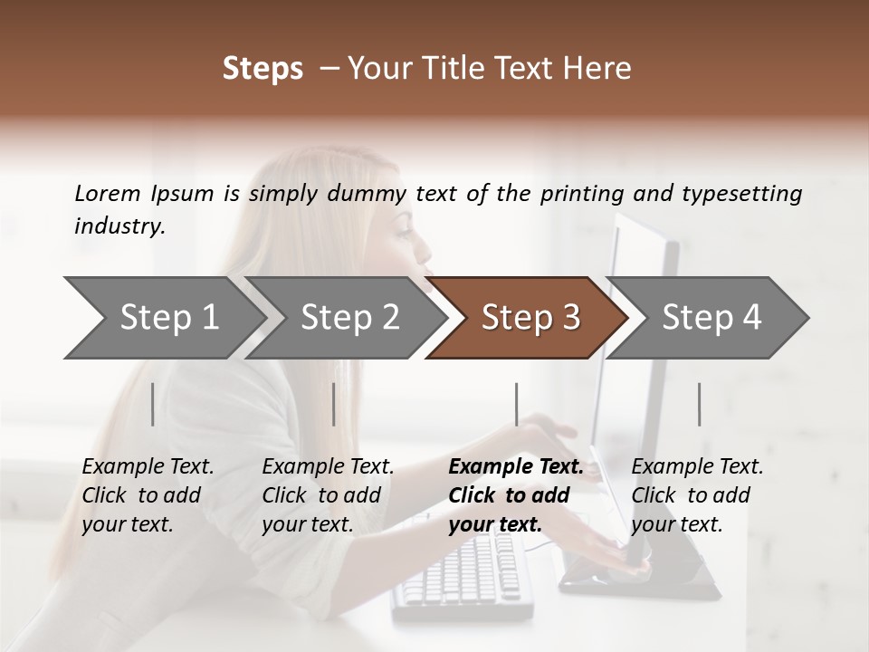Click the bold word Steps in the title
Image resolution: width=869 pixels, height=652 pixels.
click(263, 69)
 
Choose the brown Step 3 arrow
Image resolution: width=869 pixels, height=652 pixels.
click(530, 318)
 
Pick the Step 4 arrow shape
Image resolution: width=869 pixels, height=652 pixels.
click(711, 318)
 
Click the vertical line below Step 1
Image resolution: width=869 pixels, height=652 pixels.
click(153, 404)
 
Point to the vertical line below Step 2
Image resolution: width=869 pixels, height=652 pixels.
click(334, 404)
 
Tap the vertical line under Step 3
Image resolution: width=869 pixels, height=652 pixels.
click(516, 404)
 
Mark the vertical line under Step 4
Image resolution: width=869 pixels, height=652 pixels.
click(699, 404)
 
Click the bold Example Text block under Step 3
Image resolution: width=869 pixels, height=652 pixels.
click(516, 495)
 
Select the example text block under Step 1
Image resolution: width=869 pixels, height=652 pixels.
click(148, 495)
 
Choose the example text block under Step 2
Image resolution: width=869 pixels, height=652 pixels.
click(328, 495)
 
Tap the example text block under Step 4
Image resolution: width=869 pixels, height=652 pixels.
click(697, 495)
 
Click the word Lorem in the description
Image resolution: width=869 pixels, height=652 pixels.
click(108, 193)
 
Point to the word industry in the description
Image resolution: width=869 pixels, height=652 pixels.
click(119, 226)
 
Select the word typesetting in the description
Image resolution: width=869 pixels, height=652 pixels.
click(743, 194)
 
